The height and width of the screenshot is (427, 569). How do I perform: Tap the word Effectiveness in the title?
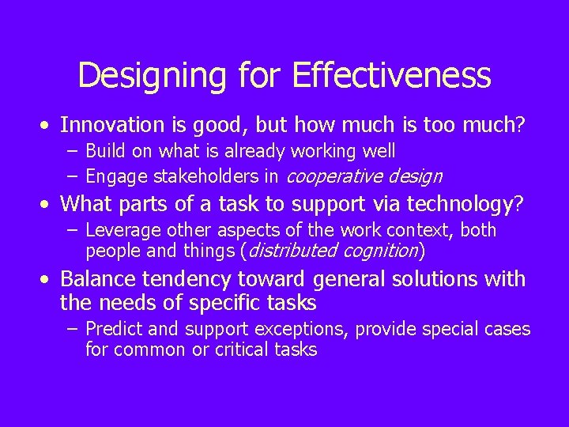tap(391, 76)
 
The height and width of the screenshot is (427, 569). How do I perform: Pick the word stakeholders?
tap(205, 176)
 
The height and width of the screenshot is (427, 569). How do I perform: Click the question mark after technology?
tap(518, 205)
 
